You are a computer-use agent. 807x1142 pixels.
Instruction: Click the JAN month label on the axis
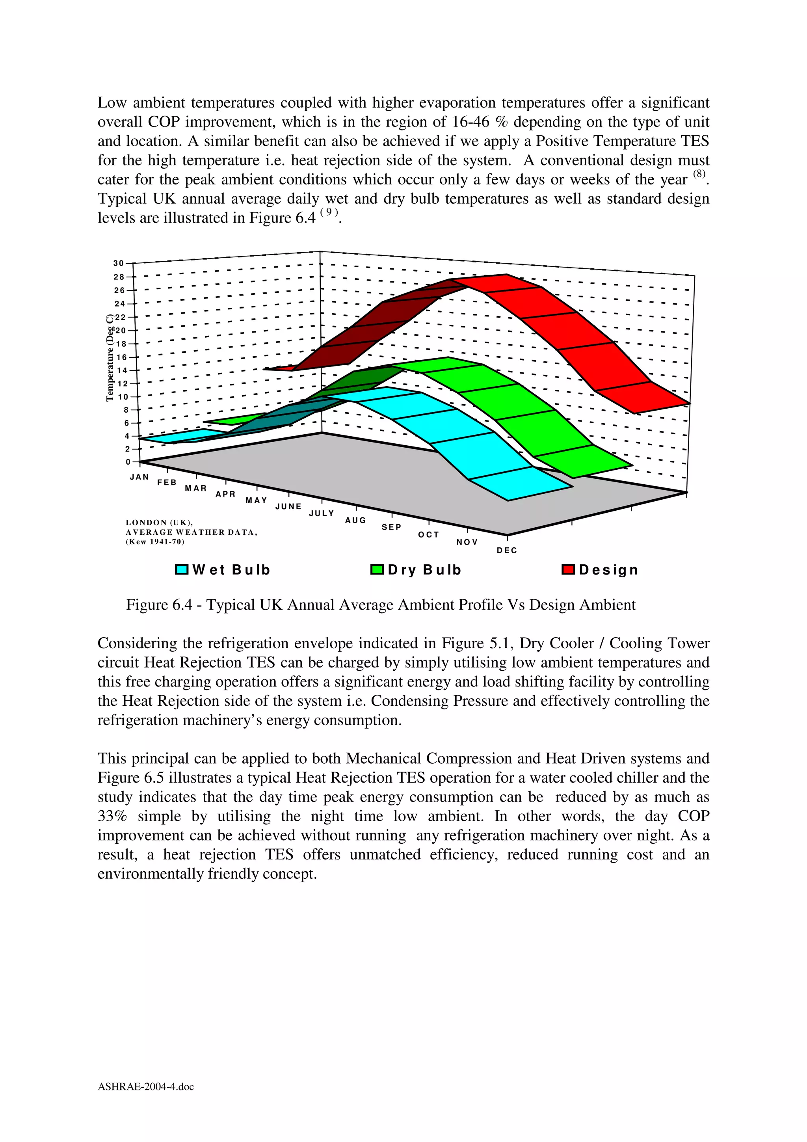139,476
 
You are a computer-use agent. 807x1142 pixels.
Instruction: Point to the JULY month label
322,513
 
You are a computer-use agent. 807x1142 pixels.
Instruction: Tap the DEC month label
507,551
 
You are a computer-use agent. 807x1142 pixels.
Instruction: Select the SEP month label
391,527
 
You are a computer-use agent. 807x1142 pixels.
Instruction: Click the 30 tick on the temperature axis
118,263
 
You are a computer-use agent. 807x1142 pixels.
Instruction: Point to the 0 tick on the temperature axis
128,462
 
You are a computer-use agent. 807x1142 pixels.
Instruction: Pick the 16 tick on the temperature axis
121,357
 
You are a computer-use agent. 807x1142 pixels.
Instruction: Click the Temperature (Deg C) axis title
110,358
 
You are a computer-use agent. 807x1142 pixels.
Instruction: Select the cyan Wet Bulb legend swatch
182,569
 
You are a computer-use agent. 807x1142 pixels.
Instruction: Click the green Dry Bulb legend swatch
377,569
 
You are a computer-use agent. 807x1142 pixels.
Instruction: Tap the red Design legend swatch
568,569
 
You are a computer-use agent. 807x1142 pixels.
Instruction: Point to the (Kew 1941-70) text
154,542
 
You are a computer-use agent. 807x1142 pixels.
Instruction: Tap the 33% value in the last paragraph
112,816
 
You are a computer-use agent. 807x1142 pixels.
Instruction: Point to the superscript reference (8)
699,174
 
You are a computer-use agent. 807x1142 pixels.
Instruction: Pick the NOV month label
467,542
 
